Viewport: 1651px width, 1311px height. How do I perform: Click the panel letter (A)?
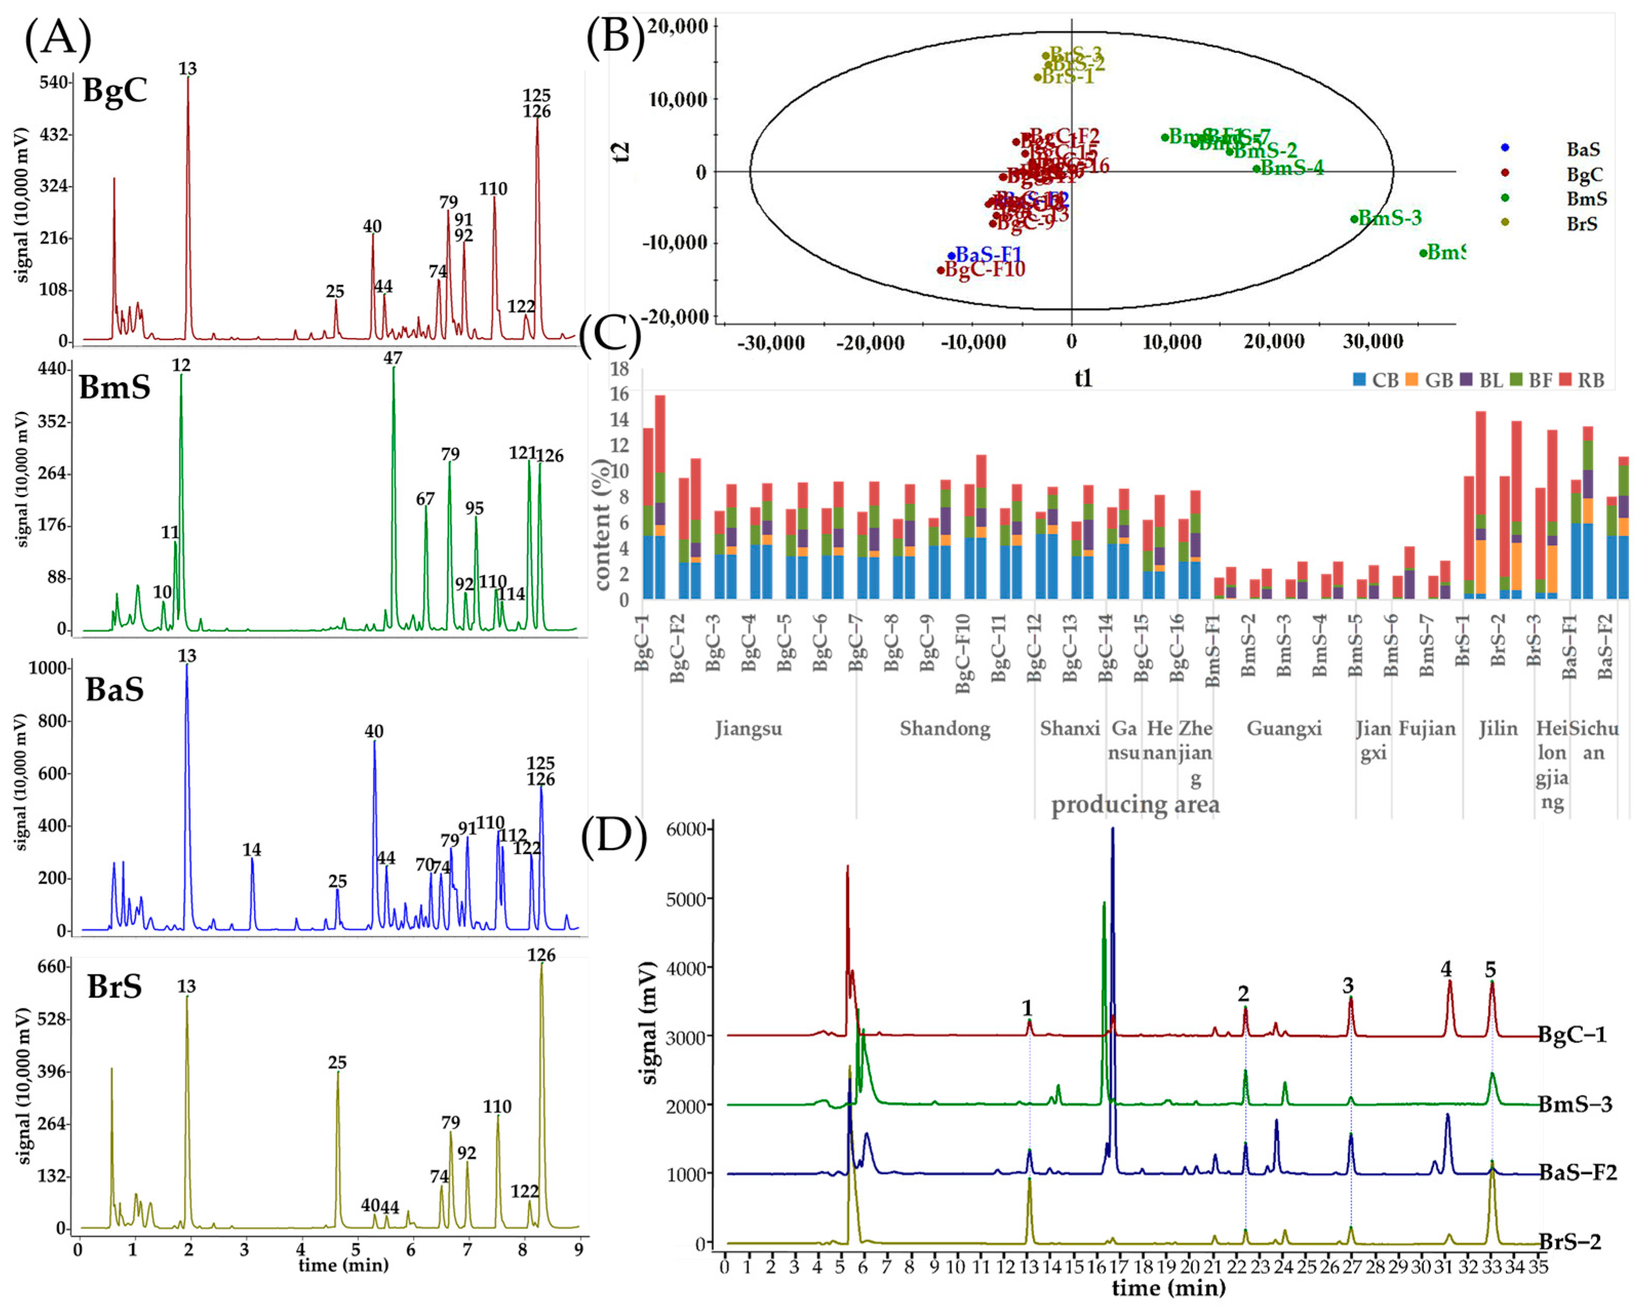58,38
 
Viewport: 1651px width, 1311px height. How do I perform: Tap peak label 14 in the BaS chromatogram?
251,849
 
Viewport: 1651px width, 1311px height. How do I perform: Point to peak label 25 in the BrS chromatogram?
337,1062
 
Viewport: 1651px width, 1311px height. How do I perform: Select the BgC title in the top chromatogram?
115,90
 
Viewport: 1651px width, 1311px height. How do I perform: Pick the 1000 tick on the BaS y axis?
48,668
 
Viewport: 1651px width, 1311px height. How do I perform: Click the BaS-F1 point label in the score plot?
988,254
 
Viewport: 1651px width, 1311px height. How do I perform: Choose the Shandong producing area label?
944,728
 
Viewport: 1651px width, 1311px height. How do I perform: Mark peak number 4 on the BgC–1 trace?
1446,969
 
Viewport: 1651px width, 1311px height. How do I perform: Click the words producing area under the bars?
1135,804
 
